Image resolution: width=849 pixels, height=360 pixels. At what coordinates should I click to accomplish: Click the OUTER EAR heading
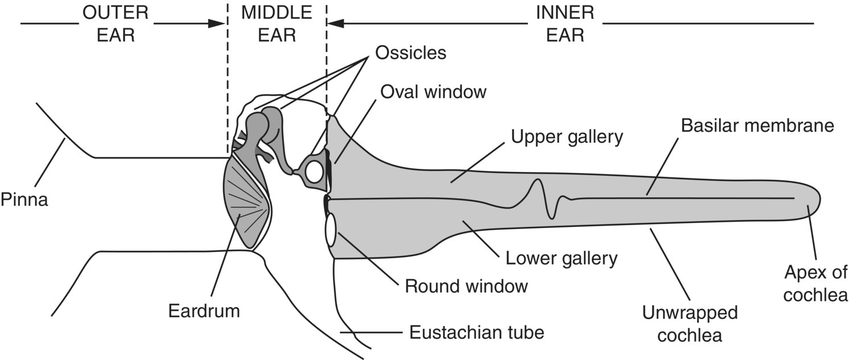pos(116,23)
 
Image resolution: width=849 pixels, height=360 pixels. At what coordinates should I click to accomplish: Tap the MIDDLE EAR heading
pos(277,23)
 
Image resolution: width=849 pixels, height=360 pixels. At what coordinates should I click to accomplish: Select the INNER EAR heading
pos(565,23)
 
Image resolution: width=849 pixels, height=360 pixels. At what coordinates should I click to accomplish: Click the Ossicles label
pos(411,53)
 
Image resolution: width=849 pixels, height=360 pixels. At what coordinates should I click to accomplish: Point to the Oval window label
pos(433,92)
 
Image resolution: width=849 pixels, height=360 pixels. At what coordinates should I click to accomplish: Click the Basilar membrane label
pos(757,126)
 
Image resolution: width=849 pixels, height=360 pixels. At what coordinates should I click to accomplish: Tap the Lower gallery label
pos(561,258)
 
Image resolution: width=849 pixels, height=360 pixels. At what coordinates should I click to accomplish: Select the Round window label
pos(466,286)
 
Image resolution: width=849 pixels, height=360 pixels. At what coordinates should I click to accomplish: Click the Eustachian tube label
pos(477,332)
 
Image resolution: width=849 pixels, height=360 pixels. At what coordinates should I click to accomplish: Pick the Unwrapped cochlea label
pos(690,324)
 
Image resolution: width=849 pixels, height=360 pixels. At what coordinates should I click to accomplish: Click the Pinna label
pos(24,200)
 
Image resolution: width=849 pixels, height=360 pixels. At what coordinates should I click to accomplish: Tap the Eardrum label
pos(204,311)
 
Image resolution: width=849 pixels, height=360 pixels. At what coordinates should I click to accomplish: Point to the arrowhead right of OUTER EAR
pos(216,23)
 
